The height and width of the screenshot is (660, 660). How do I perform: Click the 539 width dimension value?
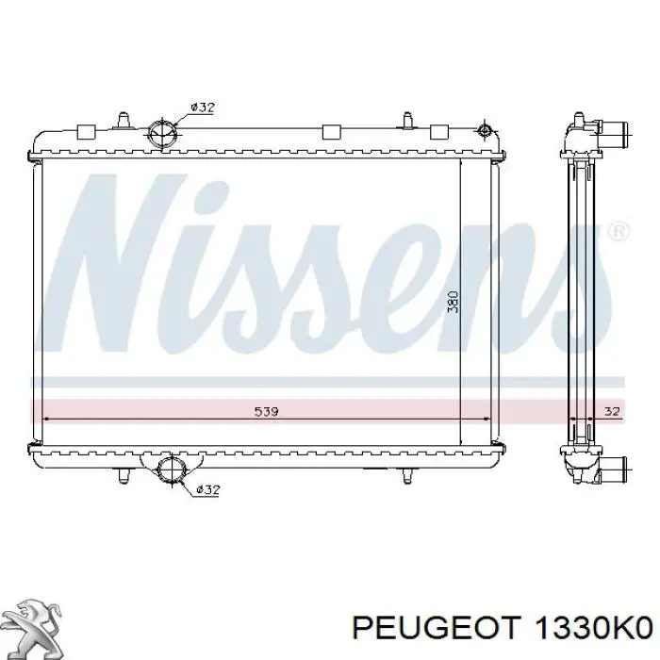pos(267,411)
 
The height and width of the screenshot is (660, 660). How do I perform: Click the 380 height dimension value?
pos(454,301)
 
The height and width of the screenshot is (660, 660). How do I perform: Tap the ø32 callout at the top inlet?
pos(203,107)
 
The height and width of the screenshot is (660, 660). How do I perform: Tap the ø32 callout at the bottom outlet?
pos(208,489)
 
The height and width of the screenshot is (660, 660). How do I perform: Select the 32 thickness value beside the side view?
pos(612,411)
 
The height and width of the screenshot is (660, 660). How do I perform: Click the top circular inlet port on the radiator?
pos(163,134)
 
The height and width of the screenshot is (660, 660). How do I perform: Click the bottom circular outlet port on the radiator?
pos(172,470)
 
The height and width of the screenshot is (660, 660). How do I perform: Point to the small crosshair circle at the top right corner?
pos(485,130)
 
